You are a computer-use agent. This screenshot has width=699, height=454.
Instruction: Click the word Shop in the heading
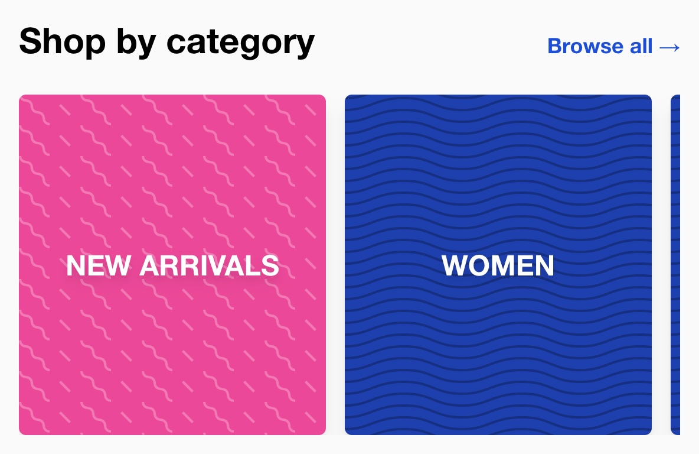coord(63,41)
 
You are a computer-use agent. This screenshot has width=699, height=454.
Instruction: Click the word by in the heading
coord(136,43)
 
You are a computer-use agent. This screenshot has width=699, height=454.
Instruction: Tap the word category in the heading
coord(241,43)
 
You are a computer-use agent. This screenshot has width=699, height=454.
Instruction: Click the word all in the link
coord(641,46)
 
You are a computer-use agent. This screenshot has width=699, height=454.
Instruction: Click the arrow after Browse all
coord(669,47)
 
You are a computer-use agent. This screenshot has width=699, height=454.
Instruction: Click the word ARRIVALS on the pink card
coord(209,265)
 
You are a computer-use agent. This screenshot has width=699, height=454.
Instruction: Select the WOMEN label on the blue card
coord(498,265)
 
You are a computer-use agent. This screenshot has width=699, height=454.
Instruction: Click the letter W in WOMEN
coord(456,265)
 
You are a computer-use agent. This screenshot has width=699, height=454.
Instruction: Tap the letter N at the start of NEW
coord(76,265)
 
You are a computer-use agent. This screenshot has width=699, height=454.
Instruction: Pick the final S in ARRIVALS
coord(270,265)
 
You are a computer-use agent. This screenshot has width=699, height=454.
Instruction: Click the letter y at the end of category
coord(305,47)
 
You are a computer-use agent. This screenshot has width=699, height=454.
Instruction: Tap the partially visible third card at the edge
coord(675,265)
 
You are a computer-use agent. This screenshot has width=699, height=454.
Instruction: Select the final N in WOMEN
coord(544,265)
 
